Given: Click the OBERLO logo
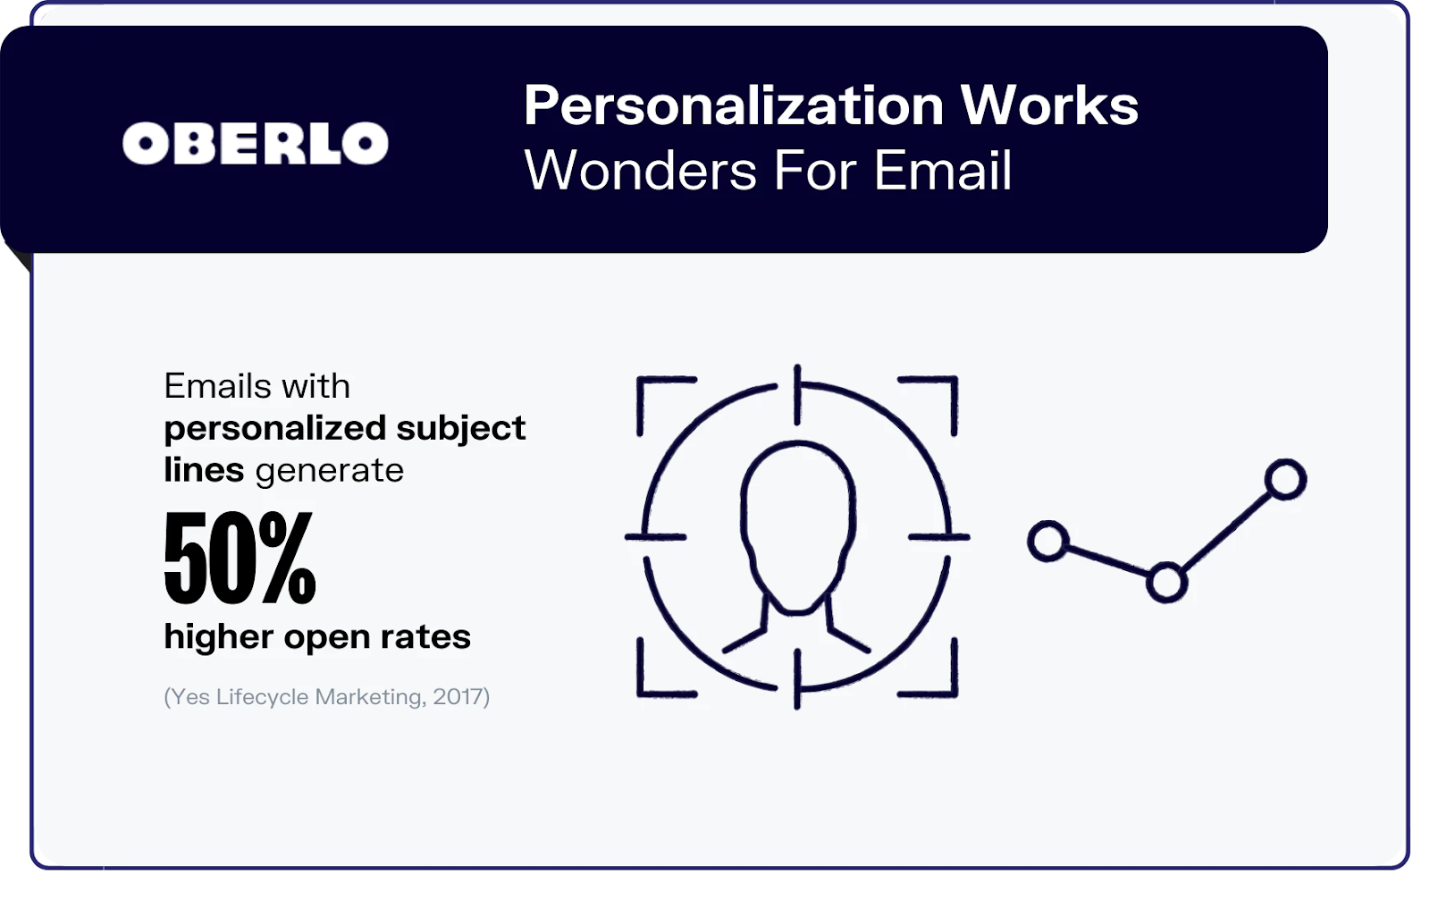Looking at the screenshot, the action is tap(256, 143).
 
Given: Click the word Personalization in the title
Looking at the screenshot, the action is tap(734, 106).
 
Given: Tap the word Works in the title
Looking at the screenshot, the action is tap(1049, 105).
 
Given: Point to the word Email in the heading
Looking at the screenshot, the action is tap(943, 170).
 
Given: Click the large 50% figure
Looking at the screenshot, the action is tap(240, 557).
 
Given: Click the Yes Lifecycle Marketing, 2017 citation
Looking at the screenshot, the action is tap(327, 697).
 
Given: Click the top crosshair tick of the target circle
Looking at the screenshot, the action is tap(797, 395).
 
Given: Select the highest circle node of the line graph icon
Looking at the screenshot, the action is tap(1286, 480).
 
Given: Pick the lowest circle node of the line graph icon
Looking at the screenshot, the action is tap(1167, 583).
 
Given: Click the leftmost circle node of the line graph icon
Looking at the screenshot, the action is tap(1048, 542).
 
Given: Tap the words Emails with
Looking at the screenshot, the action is tap(257, 386).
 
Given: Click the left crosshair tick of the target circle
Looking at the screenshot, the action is tap(656, 537).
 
